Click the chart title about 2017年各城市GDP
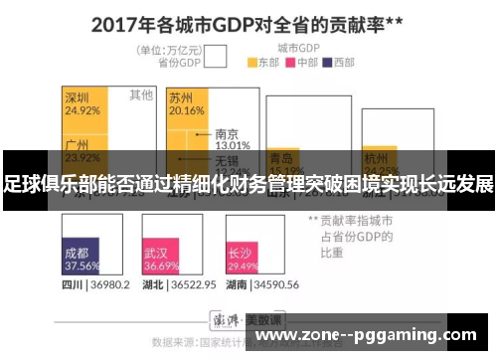point(249,22)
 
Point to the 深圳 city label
point(78,97)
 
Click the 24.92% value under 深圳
point(82,110)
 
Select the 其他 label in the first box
point(141,95)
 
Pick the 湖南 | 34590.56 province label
point(264,284)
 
